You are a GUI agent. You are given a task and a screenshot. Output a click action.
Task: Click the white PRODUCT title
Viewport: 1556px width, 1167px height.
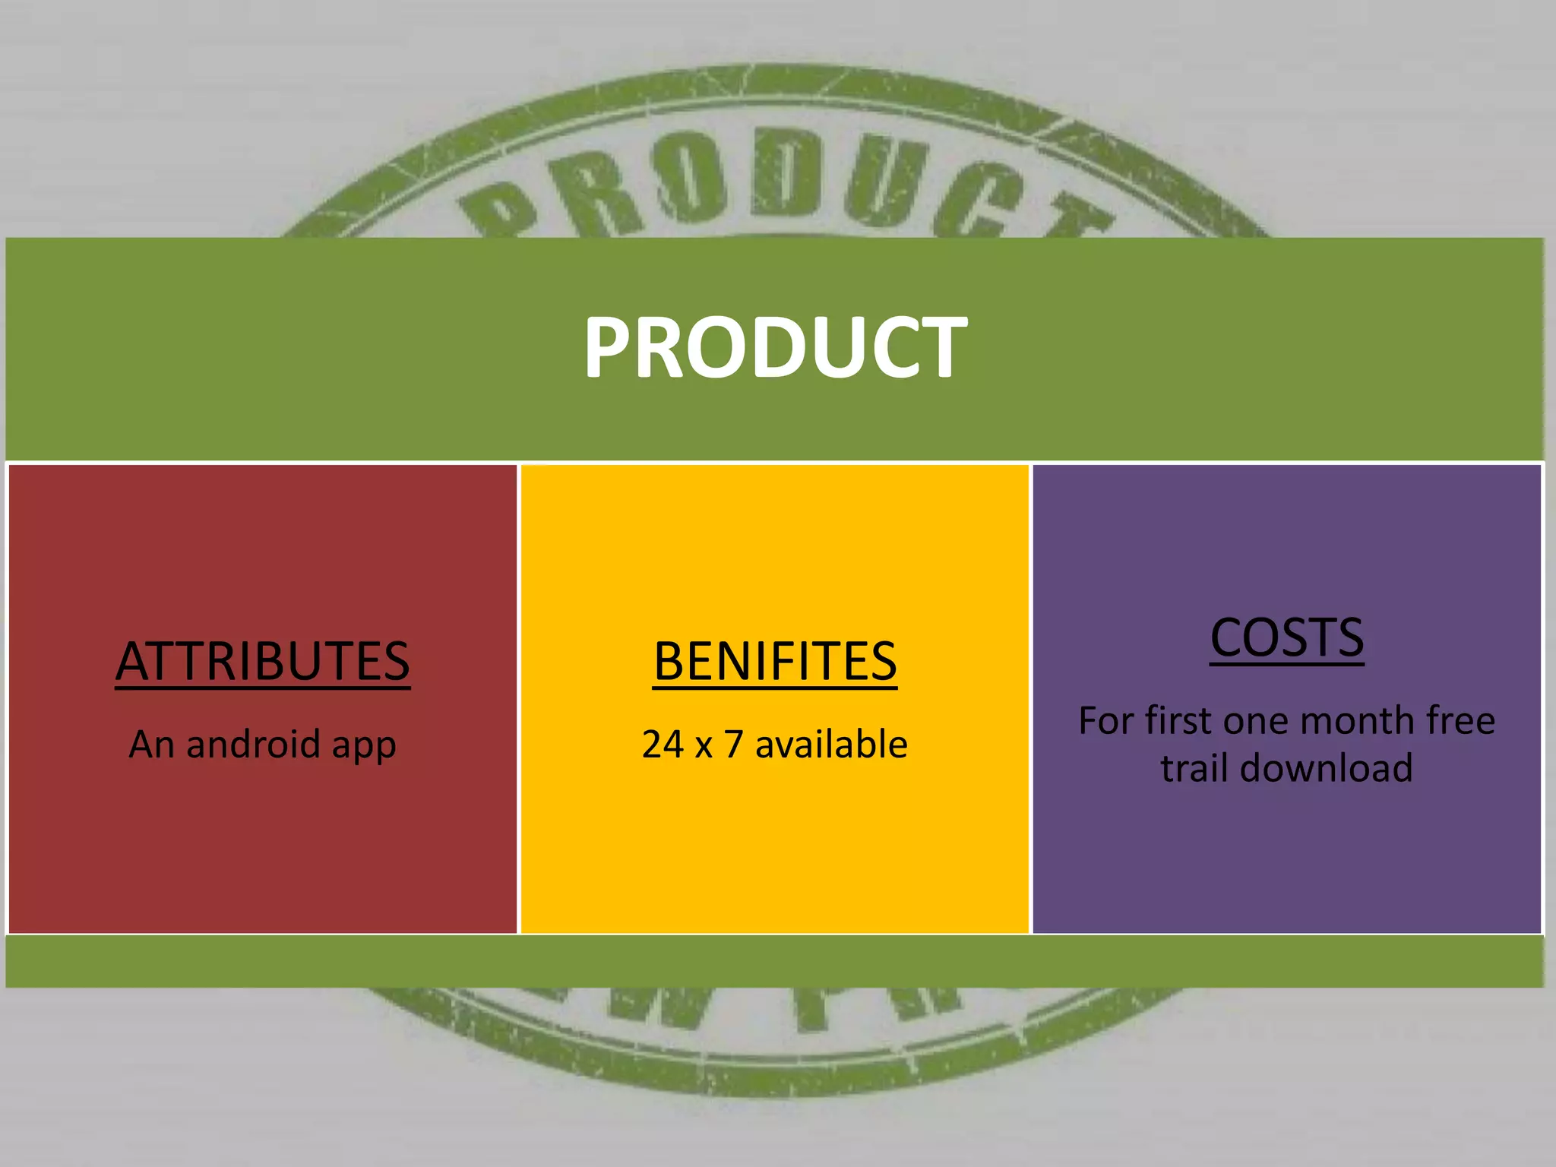click(x=775, y=347)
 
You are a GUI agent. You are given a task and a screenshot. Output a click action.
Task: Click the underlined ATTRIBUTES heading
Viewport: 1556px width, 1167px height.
click(x=263, y=661)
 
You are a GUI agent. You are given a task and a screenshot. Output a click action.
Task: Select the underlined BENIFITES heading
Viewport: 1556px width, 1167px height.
click(x=775, y=661)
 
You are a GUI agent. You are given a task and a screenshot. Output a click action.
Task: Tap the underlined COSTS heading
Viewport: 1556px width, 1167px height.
click(x=1287, y=637)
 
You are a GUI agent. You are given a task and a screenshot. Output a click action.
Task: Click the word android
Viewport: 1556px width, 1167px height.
click(x=253, y=744)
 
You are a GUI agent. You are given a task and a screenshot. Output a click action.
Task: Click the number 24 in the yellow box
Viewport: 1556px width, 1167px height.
click(x=663, y=745)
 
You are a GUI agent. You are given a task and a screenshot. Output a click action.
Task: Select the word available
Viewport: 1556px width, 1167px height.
click(x=831, y=744)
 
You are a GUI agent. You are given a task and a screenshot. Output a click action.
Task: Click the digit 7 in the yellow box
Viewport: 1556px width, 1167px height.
click(x=733, y=745)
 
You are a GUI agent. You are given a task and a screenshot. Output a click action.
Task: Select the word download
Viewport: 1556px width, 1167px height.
click(x=1327, y=767)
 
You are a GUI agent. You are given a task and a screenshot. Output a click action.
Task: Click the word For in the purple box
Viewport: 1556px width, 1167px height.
click(x=1106, y=720)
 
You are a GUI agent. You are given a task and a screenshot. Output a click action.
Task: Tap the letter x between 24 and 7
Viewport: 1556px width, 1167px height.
click(x=704, y=747)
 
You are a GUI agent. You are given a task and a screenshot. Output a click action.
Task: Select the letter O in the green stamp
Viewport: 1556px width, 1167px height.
click(x=686, y=179)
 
